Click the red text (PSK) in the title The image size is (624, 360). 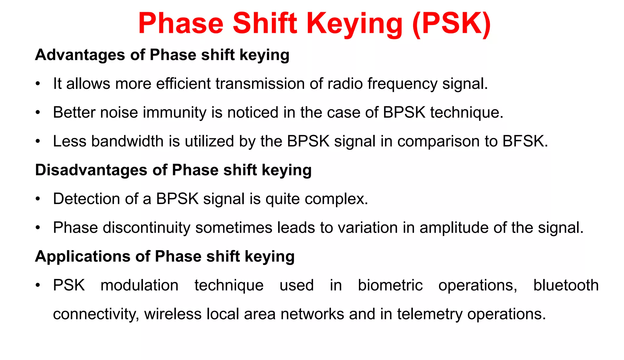click(451, 24)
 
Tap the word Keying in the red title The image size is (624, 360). click(355, 24)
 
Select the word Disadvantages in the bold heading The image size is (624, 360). click(91, 170)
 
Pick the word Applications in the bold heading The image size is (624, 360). click(83, 256)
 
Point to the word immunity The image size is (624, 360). click(175, 112)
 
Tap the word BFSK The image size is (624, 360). click(525, 141)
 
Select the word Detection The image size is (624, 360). click(86, 199)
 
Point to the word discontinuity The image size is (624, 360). click(147, 228)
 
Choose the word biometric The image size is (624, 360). click(390, 285)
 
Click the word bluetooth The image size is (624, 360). click(566, 285)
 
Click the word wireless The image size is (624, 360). click(173, 314)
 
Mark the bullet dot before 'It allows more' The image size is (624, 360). click(38, 84)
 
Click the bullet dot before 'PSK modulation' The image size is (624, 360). click(38, 286)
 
